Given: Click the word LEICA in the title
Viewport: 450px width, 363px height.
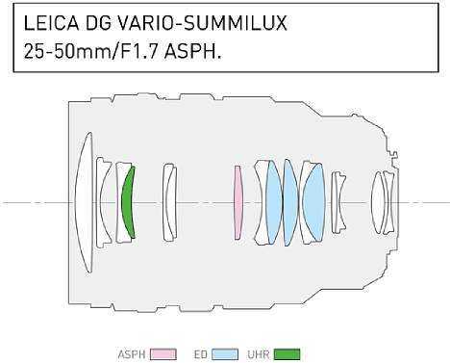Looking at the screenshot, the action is pos(51,23).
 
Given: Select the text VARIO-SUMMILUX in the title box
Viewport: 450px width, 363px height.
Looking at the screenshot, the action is pos(202,23).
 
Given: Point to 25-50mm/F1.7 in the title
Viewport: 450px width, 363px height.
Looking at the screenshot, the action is pos(91,51).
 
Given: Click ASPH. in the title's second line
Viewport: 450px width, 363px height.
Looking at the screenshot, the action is pos(192,51).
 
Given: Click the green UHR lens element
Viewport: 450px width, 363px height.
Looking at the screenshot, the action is pos(128,202).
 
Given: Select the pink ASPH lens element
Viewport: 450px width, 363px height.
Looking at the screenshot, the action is pos(237,202).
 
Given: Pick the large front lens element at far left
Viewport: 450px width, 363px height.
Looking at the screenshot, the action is pos(84,202).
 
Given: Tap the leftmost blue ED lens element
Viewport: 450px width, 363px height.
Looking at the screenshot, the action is pos(274,202).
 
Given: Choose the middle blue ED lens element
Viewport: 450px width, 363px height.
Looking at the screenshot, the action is pos(290,202).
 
